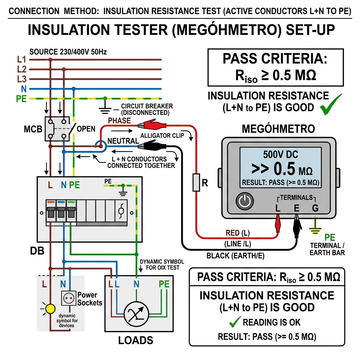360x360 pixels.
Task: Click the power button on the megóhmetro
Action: coord(245,201)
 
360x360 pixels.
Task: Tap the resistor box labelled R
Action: coord(196,182)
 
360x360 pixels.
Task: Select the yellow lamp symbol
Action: coord(50,309)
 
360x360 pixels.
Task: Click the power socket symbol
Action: coord(69,298)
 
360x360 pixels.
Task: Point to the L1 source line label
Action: coord(21,59)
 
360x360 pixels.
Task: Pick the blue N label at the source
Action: coord(24,89)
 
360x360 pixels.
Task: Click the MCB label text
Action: coord(33,129)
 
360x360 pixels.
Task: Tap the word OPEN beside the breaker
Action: coord(86,129)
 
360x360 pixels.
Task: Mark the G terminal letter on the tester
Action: coord(315,208)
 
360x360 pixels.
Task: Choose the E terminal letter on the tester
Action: coord(297,208)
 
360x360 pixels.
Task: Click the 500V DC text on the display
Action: coord(280,154)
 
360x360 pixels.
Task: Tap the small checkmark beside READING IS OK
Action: coord(235,322)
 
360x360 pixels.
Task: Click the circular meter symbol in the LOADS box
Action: coord(136,314)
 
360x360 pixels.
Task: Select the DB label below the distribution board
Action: coord(37,251)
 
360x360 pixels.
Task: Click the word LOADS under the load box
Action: coord(136,340)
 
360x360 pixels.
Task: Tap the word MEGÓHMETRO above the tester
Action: coord(278,129)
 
